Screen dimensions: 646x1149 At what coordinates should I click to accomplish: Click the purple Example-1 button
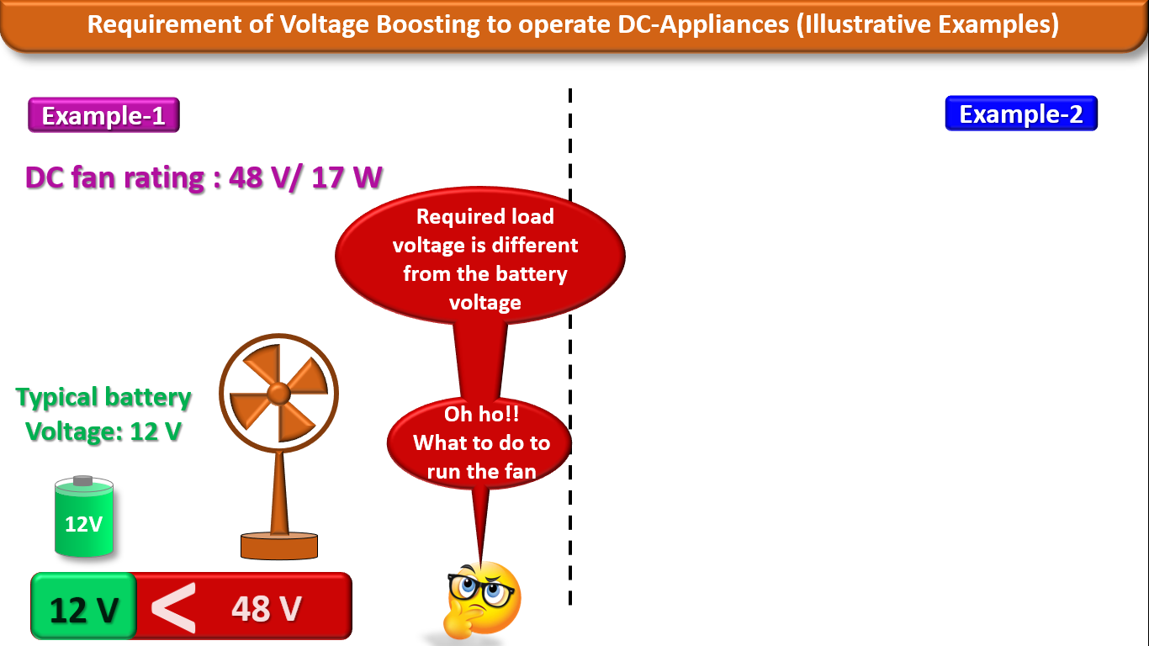[x=103, y=116]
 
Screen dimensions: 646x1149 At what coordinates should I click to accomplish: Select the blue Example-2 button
[x=1021, y=114]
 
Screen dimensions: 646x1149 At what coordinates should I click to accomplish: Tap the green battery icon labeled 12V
[x=83, y=517]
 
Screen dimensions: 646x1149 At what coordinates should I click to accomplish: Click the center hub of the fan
[x=278, y=392]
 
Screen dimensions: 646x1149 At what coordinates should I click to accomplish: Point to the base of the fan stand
[x=279, y=546]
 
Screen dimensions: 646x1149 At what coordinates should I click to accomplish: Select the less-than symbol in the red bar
[x=172, y=608]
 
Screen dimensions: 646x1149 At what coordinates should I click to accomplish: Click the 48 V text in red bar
[x=266, y=608]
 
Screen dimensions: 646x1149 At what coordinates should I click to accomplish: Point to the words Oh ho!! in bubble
[x=480, y=415]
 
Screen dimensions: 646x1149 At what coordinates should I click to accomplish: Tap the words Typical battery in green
[x=103, y=397]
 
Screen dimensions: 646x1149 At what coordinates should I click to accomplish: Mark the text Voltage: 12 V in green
[x=103, y=432]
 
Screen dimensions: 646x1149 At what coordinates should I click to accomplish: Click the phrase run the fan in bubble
[x=481, y=471]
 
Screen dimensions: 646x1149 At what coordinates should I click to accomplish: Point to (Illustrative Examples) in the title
[x=925, y=24]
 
